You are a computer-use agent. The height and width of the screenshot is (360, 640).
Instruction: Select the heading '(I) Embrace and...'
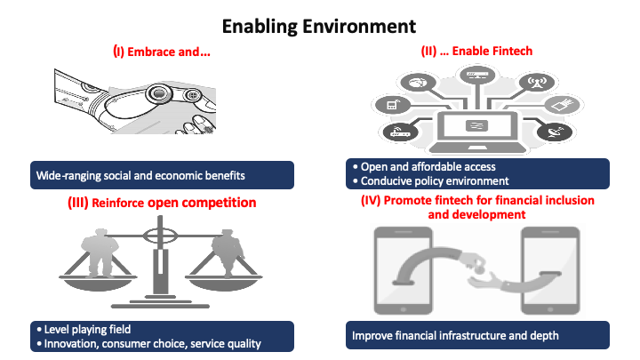point(161,52)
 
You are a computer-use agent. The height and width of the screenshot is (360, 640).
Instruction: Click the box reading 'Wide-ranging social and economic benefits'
point(161,174)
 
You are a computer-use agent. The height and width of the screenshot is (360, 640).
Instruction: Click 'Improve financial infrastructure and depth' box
point(476,336)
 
